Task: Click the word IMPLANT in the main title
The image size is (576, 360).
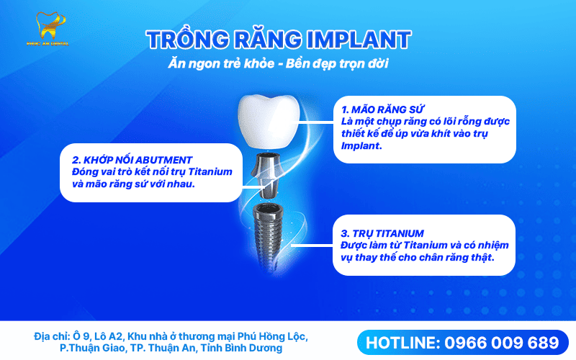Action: (359, 40)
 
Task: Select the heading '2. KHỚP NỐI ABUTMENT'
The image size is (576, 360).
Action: (132, 159)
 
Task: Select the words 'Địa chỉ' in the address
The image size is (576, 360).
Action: (51, 336)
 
